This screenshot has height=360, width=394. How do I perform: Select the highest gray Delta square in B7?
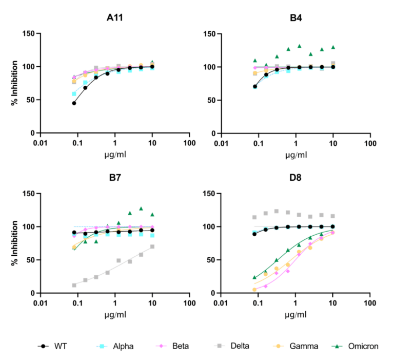[x=152, y=247]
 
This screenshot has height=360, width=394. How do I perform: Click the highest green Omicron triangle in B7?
[x=141, y=209]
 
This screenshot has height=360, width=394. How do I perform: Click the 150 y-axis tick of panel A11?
[x=30, y=34]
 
